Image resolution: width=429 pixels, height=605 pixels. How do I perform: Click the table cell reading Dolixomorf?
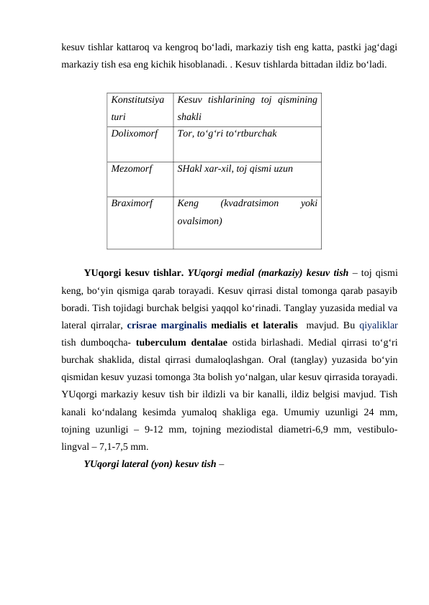click(x=135, y=133)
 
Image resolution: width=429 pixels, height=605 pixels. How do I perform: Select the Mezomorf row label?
click(x=132, y=168)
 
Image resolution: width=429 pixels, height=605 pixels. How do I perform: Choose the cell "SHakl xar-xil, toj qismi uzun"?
click(x=235, y=168)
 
